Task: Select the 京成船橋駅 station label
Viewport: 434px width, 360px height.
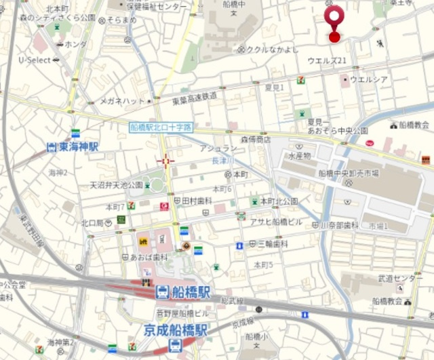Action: pos(175,330)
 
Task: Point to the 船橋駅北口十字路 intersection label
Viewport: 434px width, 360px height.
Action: pos(161,127)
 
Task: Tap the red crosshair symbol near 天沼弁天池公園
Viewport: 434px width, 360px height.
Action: pos(165,161)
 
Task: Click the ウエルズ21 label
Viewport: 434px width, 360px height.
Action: pos(327,61)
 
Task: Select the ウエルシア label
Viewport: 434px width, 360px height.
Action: pos(369,79)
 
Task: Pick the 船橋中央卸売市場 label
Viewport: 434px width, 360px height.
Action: pos(349,172)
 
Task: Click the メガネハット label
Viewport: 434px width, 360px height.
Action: pos(123,101)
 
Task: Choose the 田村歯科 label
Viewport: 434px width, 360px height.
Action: pos(193,201)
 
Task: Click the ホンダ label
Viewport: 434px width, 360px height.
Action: pos(75,44)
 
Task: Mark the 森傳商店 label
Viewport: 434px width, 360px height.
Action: pos(255,138)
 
